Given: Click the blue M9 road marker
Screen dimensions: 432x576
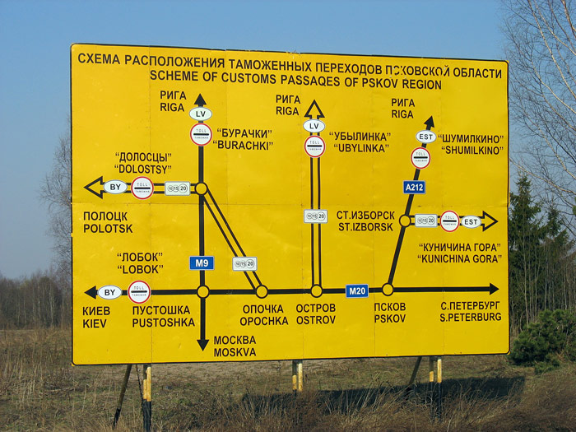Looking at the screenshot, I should coord(202,263).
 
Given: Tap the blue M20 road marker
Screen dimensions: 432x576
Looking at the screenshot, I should coord(356,290).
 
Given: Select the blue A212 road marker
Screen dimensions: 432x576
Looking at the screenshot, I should coord(414,187).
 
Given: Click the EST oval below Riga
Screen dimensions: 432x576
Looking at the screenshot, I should coord(425,137).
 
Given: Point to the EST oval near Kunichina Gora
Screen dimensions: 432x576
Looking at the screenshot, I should coord(470,221).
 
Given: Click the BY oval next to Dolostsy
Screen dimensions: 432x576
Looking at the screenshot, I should coord(115,187).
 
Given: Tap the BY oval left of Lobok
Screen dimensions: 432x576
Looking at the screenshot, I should coord(109,291).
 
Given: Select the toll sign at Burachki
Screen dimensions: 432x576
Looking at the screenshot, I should coord(201,134).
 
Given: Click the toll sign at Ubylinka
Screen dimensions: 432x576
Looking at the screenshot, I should coord(314,146).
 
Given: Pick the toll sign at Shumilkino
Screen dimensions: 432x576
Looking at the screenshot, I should coord(420,158).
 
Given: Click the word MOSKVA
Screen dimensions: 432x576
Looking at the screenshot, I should coord(235,352).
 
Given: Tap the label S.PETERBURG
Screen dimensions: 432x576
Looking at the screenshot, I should coord(470,317).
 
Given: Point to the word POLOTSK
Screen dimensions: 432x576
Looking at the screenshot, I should coord(107,228).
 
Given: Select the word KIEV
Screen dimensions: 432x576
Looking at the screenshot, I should coord(95,323).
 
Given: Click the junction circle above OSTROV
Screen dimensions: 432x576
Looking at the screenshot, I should coord(316,290).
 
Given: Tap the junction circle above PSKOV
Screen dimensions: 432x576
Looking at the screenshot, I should coord(388,289).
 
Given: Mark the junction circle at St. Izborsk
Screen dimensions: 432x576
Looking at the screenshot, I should coord(405,221).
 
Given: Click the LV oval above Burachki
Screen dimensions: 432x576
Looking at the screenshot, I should coord(200,114).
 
